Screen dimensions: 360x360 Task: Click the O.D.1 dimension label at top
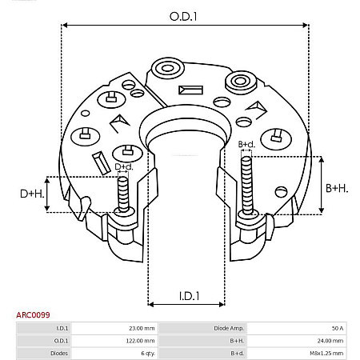185,15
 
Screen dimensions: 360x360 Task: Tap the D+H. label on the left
33,194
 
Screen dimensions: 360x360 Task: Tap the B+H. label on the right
337,188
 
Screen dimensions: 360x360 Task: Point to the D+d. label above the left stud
124,166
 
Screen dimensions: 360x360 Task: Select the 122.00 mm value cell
141,340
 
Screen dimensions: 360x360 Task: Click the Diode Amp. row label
204,328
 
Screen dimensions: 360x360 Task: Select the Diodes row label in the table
61,352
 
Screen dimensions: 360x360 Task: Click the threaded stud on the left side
123,193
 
